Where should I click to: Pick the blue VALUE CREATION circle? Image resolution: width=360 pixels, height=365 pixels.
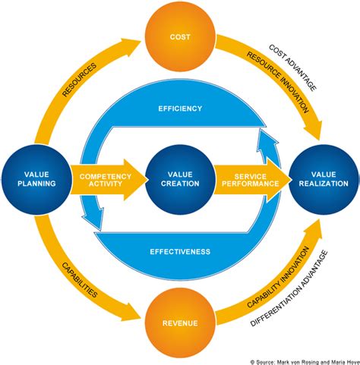(x=180, y=179)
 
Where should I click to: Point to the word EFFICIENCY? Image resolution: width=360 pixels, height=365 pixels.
(x=180, y=109)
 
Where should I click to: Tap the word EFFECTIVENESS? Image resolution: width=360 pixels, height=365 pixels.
(x=180, y=251)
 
